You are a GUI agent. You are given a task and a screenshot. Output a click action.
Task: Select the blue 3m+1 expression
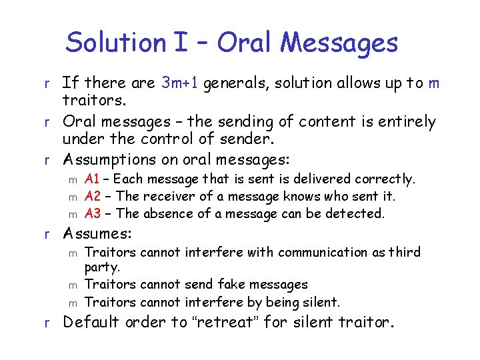pyautogui.click(x=180, y=83)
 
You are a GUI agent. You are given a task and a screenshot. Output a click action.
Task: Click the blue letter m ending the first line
pyautogui.click(x=434, y=83)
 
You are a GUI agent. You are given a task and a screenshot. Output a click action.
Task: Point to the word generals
pyautogui.click(x=231, y=84)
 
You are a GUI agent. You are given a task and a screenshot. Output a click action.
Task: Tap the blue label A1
pyautogui.click(x=93, y=179)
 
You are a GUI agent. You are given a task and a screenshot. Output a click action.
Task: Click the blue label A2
pyautogui.click(x=93, y=196)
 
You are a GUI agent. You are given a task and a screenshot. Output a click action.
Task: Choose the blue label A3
pyautogui.click(x=93, y=213)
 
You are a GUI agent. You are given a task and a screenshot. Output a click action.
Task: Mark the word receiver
pyautogui.click(x=167, y=196)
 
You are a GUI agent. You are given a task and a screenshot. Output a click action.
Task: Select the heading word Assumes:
pyautogui.click(x=97, y=234)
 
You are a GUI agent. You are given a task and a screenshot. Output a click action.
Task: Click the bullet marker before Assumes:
pyautogui.click(x=47, y=235)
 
